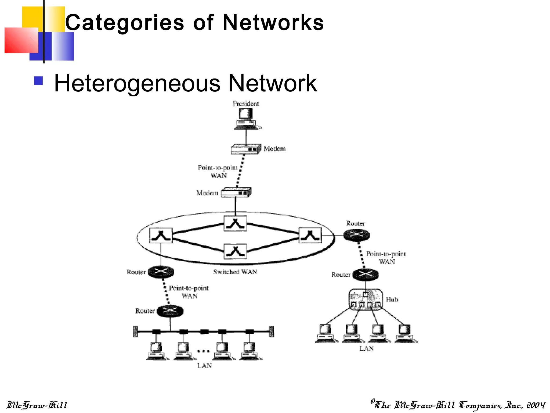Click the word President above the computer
246,104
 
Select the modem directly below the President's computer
246,149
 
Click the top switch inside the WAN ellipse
235,223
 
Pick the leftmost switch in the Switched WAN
161,236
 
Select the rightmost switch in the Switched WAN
310,235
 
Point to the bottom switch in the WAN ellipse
235,251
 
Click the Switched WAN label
235,272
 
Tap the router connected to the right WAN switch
356,235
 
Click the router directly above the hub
366,274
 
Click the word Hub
392,300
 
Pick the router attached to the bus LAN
170,311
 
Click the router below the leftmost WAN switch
161,272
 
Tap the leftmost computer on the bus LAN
157,351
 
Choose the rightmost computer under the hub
406,333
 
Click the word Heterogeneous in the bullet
137,83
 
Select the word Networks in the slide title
273,23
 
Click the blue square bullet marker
38,81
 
